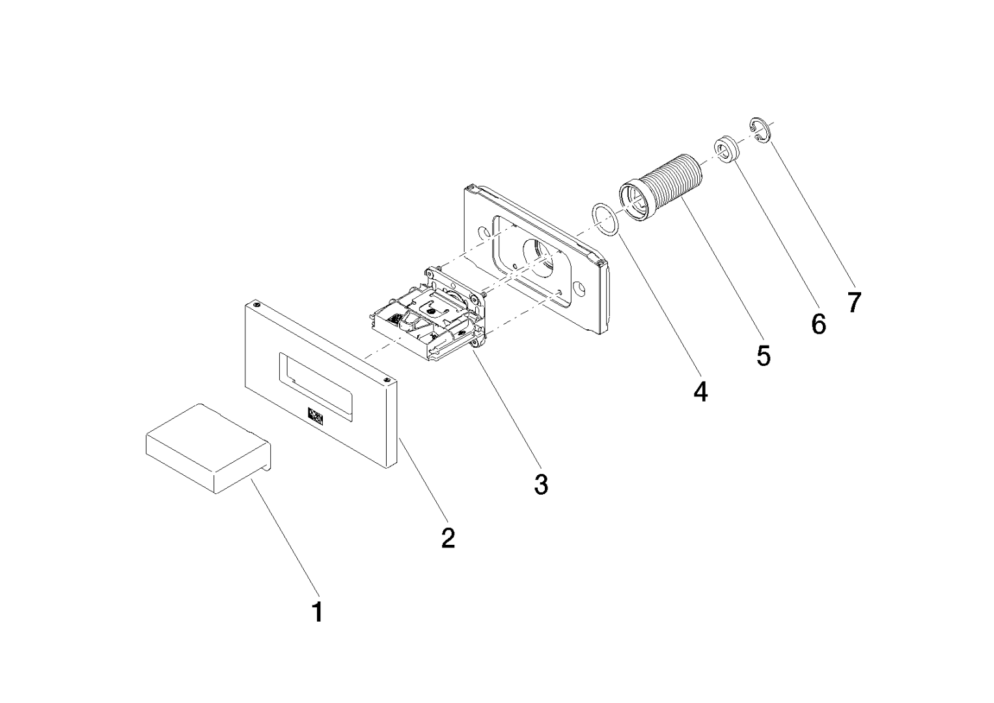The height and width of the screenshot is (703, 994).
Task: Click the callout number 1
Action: pyautogui.click(x=317, y=612)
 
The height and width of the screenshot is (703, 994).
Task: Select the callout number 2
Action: pyautogui.click(x=448, y=538)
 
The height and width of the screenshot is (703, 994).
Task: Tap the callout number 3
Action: pyautogui.click(x=541, y=484)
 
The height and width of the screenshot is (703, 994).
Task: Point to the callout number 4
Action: pyautogui.click(x=700, y=392)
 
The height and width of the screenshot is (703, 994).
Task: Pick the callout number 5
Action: pyautogui.click(x=763, y=355)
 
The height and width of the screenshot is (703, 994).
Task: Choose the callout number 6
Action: pyautogui.click(x=818, y=323)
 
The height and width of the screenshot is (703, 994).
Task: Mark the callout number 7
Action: pyautogui.click(x=854, y=301)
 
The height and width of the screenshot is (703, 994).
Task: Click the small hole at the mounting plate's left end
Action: pyautogui.click(x=482, y=232)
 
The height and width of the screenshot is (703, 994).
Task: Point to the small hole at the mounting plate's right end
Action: pyautogui.click(x=579, y=287)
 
